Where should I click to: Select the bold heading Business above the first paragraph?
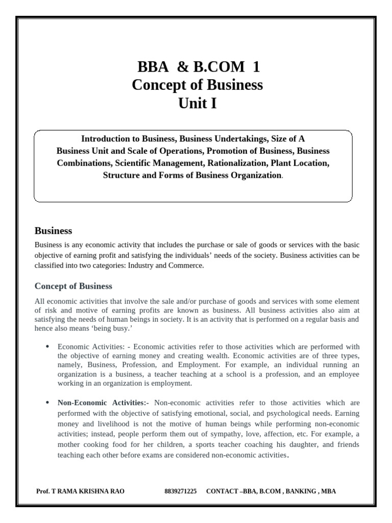click(x=53, y=231)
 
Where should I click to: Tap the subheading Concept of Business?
click(x=73, y=286)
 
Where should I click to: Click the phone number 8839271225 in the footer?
click(x=180, y=491)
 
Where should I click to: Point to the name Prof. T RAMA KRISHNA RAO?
click(x=80, y=491)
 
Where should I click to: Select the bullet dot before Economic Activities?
click(x=47, y=346)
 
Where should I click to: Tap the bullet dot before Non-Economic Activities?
click(x=47, y=402)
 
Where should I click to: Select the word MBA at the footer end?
click(x=329, y=491)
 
